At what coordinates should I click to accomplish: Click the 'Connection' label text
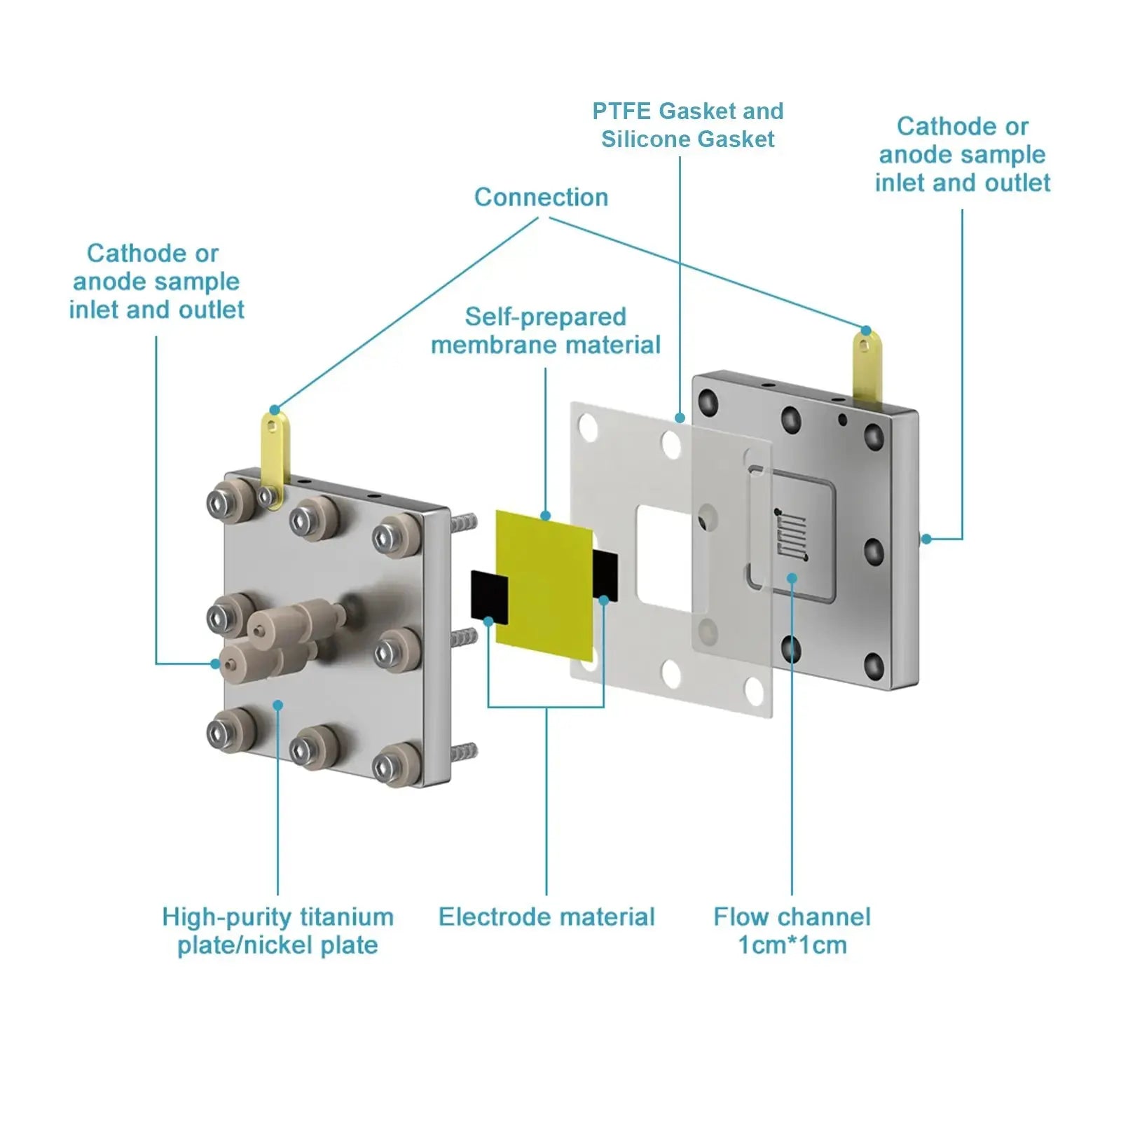[541, 198]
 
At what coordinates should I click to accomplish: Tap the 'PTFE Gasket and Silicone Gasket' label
[687, 125]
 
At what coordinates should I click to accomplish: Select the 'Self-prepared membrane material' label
[545, 331]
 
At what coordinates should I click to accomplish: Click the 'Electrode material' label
[546, 916]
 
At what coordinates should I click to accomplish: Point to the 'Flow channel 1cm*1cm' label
[792, 930]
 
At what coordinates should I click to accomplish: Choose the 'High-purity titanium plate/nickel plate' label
[277, 930]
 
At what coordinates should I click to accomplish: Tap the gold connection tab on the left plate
[274, 448]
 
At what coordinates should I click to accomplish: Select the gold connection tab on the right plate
[867, 364]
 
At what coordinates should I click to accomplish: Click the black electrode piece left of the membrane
[488, 596]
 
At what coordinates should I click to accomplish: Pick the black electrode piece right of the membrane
[606, 575]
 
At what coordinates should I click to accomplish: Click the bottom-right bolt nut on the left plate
[387, 767]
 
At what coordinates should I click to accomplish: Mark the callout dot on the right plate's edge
[926, 539]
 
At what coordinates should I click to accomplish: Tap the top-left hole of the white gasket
[587, 425]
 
